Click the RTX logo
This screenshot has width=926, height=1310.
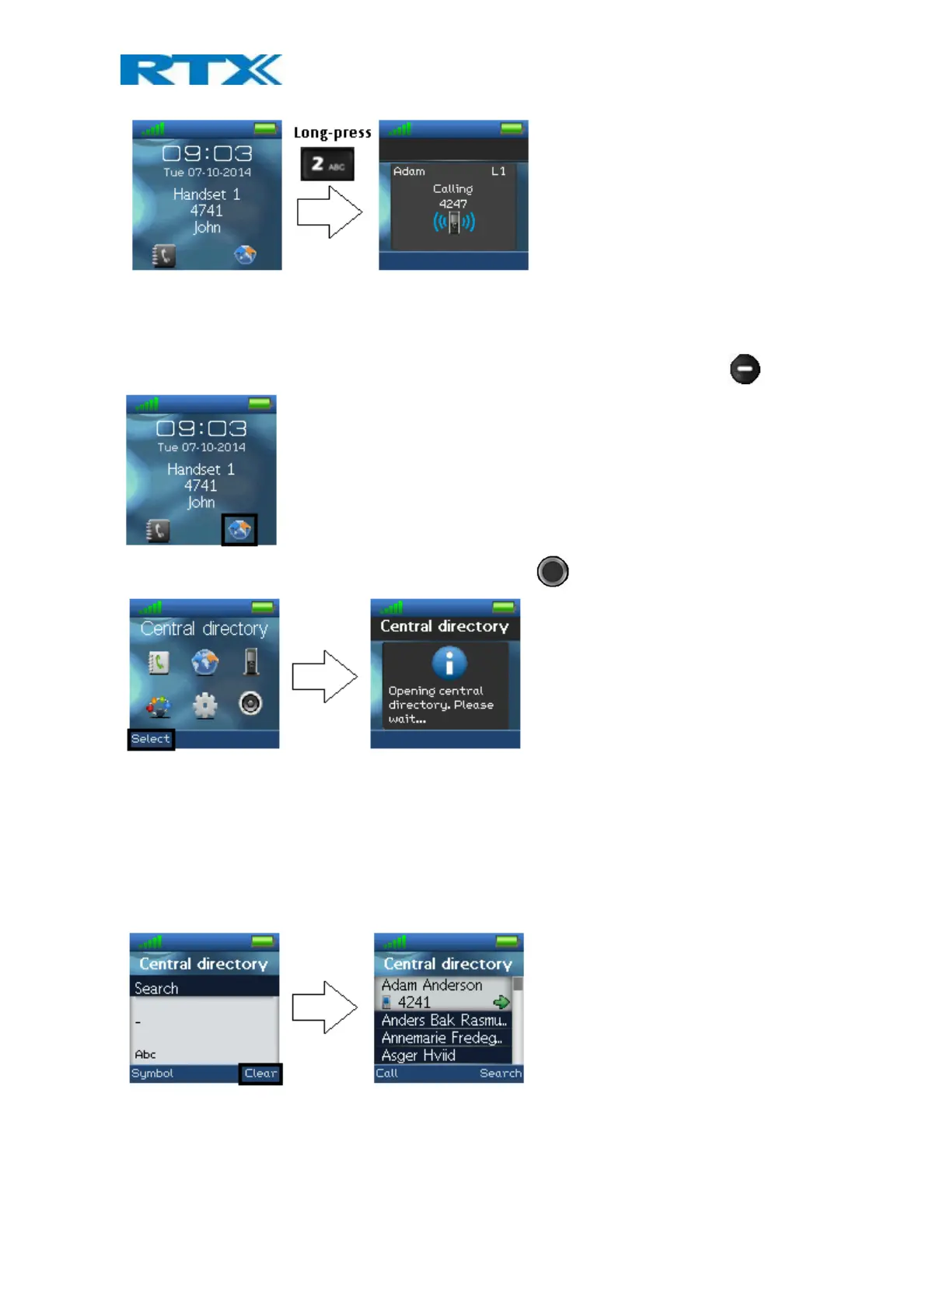click(x=201, y=70)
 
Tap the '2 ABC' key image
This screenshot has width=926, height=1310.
click(x=327, y=164)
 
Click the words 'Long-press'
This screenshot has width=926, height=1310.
click(x=332, y=133)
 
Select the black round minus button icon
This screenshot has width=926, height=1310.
click(x=744, y=369)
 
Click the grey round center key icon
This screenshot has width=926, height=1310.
click(x=553, y=572)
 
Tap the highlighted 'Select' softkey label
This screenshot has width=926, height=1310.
click(x=151, y=739)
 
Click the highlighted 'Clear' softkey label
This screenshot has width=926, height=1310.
click(x=260, y=1074)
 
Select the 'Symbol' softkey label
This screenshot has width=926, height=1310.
click(x=152, y=1074)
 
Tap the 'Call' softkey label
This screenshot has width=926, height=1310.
click(x=386, y=1074)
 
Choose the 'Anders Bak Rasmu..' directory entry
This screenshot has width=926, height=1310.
click(x=443, y=1020)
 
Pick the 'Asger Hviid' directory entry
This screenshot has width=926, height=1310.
click(x=418, y=1056)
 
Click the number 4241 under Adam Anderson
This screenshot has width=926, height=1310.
click(x=414, y=1003)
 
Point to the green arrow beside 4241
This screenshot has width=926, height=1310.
click(x=501, y=1002)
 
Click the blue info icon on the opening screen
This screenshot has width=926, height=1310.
click(x=449, y=663)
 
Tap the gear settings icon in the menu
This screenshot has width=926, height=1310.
click(x=204, y=705)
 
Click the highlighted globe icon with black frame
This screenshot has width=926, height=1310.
click(x=239, y=530)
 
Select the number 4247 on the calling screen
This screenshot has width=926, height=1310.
click(x=453, y=204)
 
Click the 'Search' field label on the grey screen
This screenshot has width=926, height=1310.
click(x=156, y=989)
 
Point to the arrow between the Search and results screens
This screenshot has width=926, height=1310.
click(x=324, y=1007)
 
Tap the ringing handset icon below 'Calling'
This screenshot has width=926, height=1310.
click(x=454, y=223)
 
